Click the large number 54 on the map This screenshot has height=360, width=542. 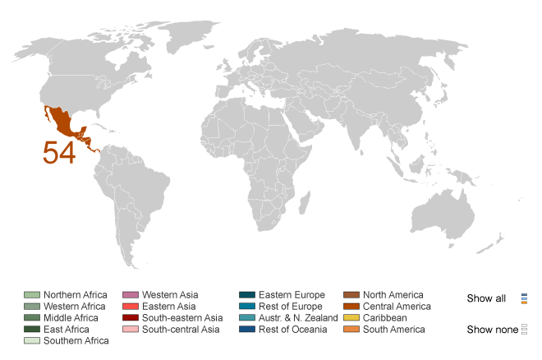tap(59, 152)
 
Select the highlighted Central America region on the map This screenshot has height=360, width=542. tap(66, 124)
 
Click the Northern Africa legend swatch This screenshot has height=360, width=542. tap(31, 295)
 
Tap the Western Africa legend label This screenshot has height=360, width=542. tap(75, 307)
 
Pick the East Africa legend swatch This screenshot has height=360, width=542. tap(31, 330)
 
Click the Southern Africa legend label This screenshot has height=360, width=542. tap(76, 341)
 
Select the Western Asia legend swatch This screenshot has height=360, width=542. tap(130, 295)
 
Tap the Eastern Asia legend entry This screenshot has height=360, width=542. tap(168, 307)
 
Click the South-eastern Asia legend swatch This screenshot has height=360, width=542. tap(130, 318)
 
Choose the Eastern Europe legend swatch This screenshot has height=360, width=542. tap(247, 295)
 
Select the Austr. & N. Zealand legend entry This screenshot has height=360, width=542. tap(297, 318)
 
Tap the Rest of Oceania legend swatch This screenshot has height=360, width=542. tap(247, 330)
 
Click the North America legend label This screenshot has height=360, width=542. tap(393, 295)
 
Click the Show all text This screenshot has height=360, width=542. tap(486, 298)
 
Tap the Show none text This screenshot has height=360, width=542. tap(492, 330)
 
